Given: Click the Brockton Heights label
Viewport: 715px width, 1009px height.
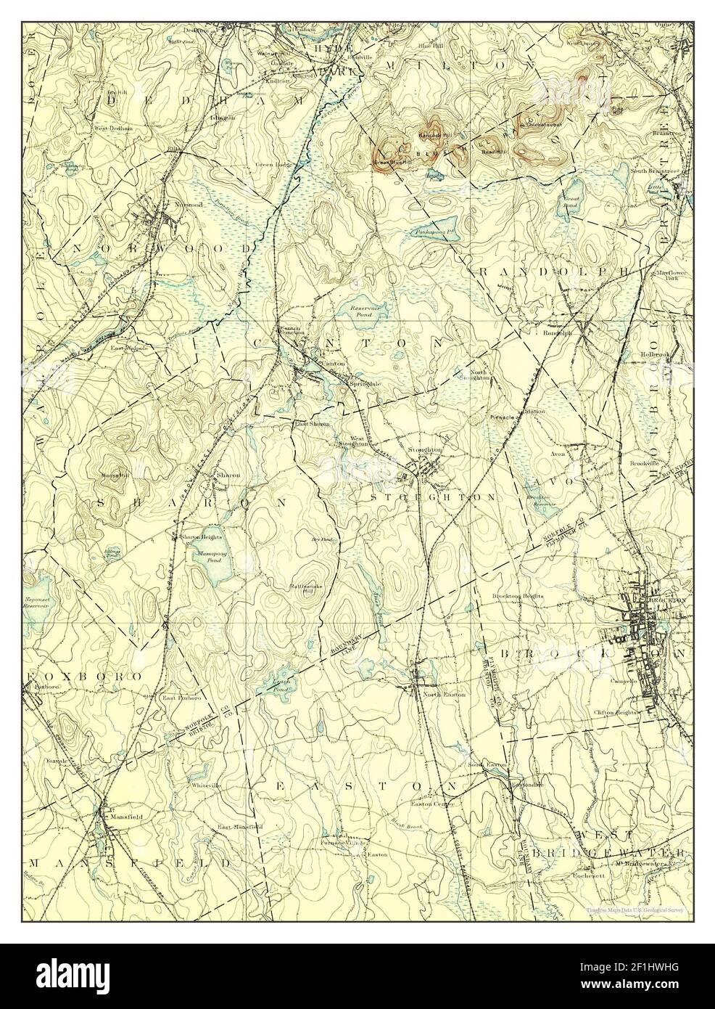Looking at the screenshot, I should [x=518, y=596].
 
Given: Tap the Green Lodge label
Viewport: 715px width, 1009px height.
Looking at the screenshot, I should [x=273, y=165].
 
